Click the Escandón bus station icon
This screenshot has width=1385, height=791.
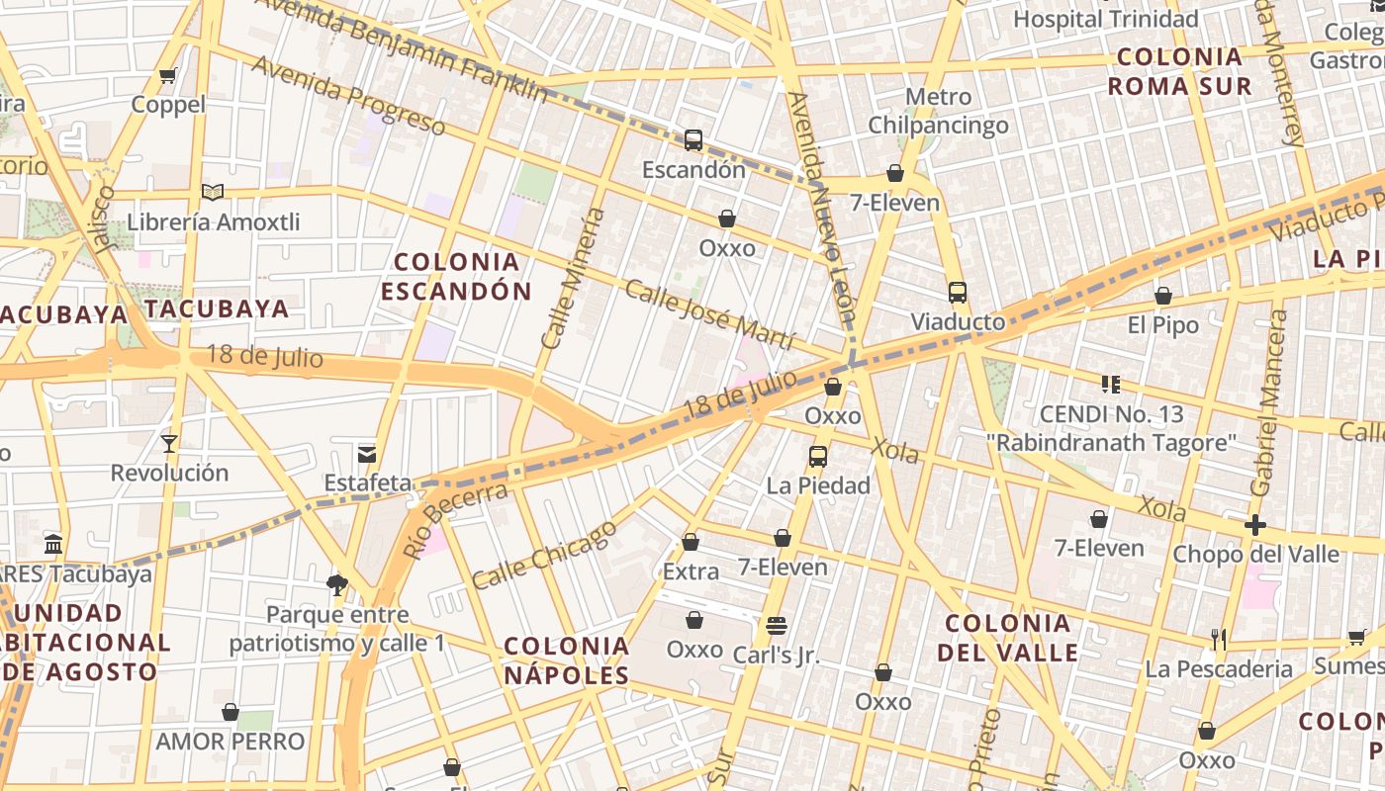pos(693,140)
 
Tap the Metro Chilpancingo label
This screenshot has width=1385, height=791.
pos(938,111)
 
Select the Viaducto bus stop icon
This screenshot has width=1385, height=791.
pos(957,293)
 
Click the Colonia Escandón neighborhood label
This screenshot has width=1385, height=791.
pos(456,276)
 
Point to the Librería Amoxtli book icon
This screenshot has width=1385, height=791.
pos(213,192)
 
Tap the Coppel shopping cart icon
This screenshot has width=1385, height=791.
pos(168,76)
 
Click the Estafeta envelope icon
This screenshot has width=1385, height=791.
pos(367,454)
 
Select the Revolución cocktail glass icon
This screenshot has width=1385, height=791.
pos(169,443)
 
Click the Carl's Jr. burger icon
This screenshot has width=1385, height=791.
pos(777,625)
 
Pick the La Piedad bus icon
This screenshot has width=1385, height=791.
pos(818,457)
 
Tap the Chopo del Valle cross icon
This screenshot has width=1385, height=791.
pos(1255,525)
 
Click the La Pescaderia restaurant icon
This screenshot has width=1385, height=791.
pos(1218,640)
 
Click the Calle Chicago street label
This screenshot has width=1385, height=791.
pos(543,556)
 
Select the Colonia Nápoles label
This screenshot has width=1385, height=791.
pos(566,660)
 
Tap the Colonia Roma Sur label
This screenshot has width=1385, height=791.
pos(1179,71)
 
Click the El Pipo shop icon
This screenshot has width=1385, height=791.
pos(1163,296)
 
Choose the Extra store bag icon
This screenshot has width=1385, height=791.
pos(691,542)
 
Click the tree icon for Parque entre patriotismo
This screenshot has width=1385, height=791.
pos(337,584)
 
